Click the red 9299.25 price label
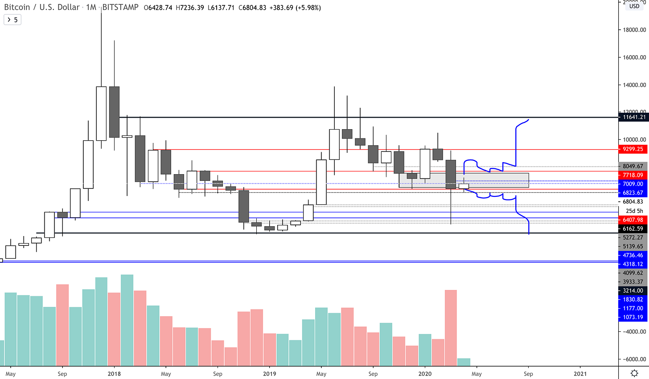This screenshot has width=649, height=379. coord(633,149)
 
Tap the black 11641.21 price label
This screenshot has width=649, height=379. coord(633,117)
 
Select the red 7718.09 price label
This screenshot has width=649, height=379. coord(633,175)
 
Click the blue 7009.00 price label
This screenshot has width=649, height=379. coord(633,184)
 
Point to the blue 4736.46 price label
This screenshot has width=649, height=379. coord(633,255)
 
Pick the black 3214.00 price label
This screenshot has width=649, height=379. coord(633,291)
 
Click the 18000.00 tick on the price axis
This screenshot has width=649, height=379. coord(634,30)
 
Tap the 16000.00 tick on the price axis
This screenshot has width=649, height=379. coord(634,57)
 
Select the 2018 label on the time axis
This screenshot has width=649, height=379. coord(114,374)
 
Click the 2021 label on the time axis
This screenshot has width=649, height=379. coord(580,374)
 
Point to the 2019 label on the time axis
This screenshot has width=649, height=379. coord(269,374)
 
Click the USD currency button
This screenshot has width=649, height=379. coord(634,6)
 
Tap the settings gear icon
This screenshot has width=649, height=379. coord(634,373)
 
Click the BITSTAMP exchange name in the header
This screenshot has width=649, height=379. coord(120,8)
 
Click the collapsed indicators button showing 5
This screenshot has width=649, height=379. coord(12,20)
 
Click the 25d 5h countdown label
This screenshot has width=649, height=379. coord(634,211)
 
